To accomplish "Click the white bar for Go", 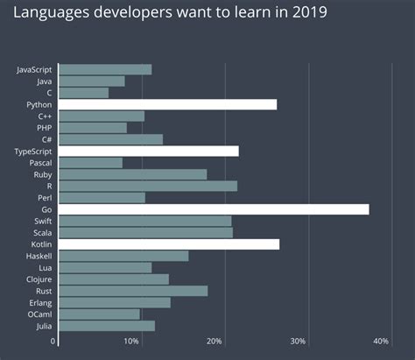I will pyautogui.click(x=214, y=209).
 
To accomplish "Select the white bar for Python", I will pyautogui.click(x=167, y=104).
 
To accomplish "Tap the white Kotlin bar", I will pyautogui.click(x=169, y=244).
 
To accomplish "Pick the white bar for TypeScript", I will pyautogui.click(x=148, y=151).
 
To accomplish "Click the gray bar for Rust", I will pyautogui.click(x=133, y=291).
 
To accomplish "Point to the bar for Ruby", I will pyautogui.click(x=132, y=174).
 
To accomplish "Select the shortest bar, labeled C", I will pyautogui.click(x=83, y=92).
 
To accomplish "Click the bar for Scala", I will pyautogui.click(x=145, y=233).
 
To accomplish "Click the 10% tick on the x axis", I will pyautogui.click(x=131, y=341).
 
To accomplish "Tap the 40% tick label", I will pyautogui.click(x=381, y=341).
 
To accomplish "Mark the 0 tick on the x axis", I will pyautogui.click(x=53, y=341).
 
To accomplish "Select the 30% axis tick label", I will pyautogui.click(x=298, y=341).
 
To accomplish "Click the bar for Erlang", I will pyautogui.click(x=114, y=302).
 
